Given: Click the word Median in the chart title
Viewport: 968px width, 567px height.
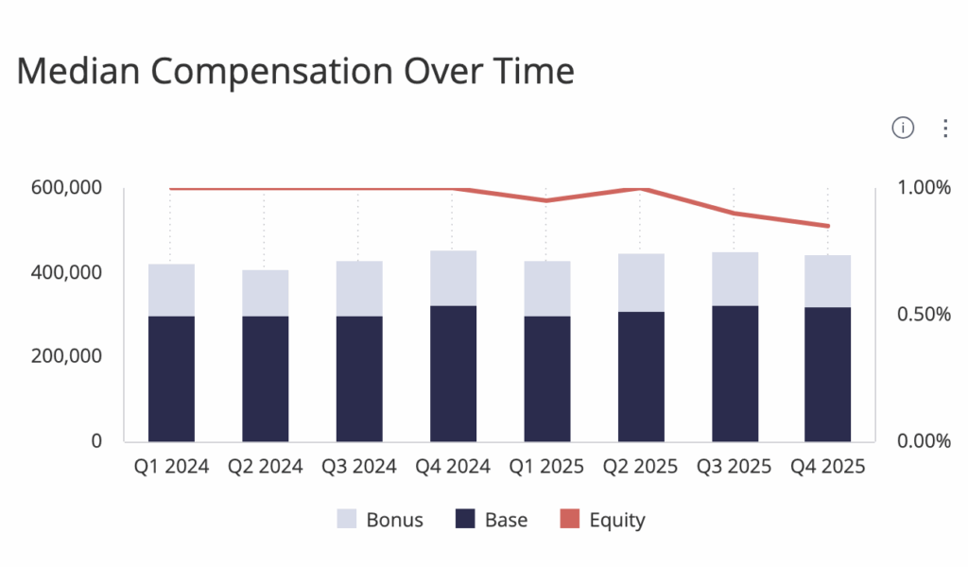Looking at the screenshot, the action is click(78, 70).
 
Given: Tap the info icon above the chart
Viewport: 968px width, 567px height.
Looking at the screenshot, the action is click(903, 128).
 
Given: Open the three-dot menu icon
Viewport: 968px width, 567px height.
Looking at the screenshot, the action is click(945, 128).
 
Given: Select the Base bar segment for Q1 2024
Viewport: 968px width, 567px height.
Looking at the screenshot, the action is click(172, 379).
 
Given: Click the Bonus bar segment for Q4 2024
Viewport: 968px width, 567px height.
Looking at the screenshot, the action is click(453, 278).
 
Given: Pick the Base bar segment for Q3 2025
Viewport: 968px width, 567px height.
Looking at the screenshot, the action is click(735, 374).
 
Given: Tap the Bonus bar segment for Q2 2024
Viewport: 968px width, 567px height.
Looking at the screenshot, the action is click(266, 293).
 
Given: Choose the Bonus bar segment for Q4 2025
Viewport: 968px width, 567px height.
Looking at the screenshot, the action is click(828, 282).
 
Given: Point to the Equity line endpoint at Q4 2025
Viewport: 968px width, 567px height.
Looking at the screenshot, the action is click(828, 226).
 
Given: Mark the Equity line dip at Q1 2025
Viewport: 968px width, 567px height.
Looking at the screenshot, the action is click(546, 200).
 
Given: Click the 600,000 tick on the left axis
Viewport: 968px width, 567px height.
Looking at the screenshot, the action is click(66, 187).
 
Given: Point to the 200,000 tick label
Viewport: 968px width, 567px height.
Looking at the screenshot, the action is click(66, 356).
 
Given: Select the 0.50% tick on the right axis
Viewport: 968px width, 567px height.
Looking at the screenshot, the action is click(924, 314).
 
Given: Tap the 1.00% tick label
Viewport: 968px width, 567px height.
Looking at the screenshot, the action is click(924, 187).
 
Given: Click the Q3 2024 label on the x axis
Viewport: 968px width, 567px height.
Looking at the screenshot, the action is click(358, 467).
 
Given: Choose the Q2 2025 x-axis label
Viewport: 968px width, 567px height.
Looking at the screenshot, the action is click(640, 467).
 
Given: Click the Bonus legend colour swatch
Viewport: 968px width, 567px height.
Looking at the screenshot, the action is click(347, 519).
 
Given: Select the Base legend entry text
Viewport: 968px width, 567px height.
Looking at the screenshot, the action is click(507, 520).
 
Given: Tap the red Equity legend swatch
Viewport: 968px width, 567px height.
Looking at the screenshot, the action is click(570, 519).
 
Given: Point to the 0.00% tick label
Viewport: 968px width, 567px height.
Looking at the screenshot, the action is click(924, 441).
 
